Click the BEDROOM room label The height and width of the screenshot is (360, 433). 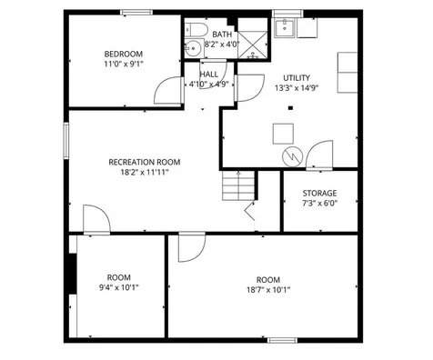click(x=123, y=54)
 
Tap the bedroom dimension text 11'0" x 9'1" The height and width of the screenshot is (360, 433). click(x=123, y=65)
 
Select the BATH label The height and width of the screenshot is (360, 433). click(x=222, y=34)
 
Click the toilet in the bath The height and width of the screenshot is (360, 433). click(x=195, y=47)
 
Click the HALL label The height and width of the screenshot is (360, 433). click(x=208, y=74)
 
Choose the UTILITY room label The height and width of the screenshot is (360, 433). click(x=297, y=78)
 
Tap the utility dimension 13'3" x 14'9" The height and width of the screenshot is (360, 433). click(x=297, y=89)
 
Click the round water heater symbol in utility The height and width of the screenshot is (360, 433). click(x=292, y=155)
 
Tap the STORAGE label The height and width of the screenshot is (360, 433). click(x=319, y=193)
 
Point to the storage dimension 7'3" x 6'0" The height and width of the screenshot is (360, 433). click(x=319, y=204)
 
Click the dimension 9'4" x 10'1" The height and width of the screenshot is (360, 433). click(x=118, y=290)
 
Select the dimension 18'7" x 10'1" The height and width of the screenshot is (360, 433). click(x=268, y=290)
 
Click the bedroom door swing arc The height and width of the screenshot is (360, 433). click(x=166, y=89)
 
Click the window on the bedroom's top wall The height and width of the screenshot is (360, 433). click(x=136, y=12)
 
